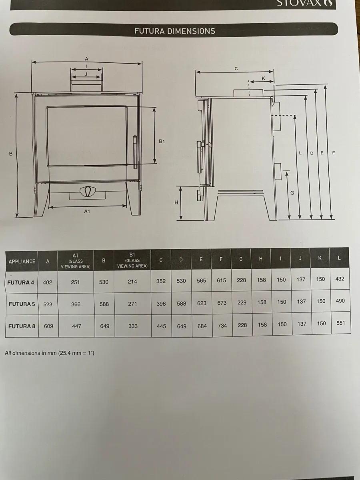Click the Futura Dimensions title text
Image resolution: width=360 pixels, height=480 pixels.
tap(174, 31)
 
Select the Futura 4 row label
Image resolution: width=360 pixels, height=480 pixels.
tap(21, 282)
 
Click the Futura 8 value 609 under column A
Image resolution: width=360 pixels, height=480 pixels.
tap(48, 326)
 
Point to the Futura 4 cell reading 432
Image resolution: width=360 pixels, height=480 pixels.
tap(340, 279)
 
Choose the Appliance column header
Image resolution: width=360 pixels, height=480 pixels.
tap(22, 261)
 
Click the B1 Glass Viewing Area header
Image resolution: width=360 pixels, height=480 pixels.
tap(132, 260)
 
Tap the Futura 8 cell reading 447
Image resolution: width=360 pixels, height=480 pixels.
tap(76, 326)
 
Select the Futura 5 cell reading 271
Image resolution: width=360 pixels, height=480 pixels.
tap(132, 304)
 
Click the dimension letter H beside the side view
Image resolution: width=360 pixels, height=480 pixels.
tap(176, 202)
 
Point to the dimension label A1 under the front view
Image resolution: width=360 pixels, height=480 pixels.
tap(87, 212)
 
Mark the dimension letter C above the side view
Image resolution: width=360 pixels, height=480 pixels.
tap(236, 68)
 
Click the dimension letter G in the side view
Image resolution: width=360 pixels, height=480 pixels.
tap(292, 192)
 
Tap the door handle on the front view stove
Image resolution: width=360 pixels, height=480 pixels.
tap(135, 152)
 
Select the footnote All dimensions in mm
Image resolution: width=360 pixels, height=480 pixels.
tap(50, 353)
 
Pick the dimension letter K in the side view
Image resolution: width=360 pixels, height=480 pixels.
tap(263, 78)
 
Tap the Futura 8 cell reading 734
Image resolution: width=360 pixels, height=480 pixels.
tap(222, 326)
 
